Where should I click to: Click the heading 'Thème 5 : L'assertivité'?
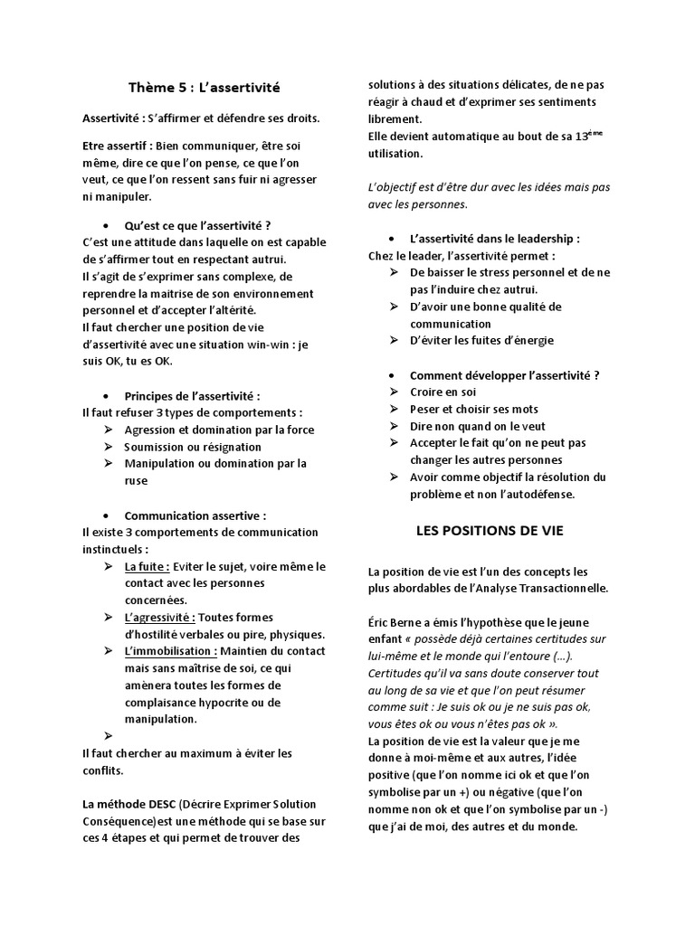click(204, 88)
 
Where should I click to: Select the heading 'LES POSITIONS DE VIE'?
click(489, 531)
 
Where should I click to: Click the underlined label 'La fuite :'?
click(147, 566)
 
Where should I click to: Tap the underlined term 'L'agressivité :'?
click(160, 617)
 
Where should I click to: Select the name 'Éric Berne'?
click(401, 622)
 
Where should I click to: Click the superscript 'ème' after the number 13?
click(595, 132)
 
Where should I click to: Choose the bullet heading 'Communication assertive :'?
click(195, 515)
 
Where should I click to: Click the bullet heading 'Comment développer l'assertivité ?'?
click(505, 374)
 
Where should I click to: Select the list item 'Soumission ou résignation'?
click(193, 447)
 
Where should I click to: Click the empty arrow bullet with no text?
click(108, 736)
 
